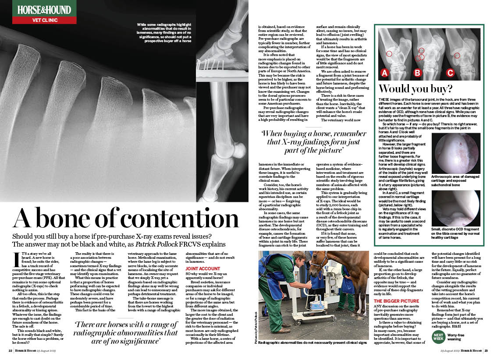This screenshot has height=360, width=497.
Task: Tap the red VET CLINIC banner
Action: (44, 20)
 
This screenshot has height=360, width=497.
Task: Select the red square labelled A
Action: (385, 73)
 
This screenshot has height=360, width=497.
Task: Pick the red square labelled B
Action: (417, 73)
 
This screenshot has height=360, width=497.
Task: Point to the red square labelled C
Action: (450, 73)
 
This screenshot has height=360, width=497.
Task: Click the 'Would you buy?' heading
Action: (415, 89)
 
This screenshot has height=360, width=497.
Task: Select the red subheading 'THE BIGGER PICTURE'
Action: (396, 301)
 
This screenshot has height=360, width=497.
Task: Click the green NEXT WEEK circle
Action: (438, 336)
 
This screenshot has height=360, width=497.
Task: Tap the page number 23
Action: (486, 350)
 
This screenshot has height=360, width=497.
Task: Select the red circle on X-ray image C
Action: (457, 56)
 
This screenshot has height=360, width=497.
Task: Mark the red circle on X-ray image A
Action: (389, 54)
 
